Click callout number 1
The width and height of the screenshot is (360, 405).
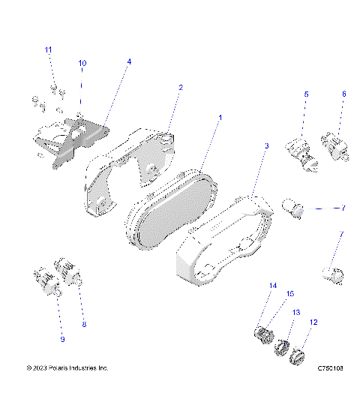[220, 118]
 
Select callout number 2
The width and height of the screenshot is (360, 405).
[180, 88]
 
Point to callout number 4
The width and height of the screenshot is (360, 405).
[128, 61]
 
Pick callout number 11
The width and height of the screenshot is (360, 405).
[49, 49]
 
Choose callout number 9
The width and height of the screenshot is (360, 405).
[62, 340]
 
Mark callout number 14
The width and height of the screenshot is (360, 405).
[272, 286]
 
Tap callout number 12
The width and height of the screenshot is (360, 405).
[313, 322]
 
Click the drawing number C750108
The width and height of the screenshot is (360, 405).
[330, 368]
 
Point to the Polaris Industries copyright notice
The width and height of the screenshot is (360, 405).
[67, 368]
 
